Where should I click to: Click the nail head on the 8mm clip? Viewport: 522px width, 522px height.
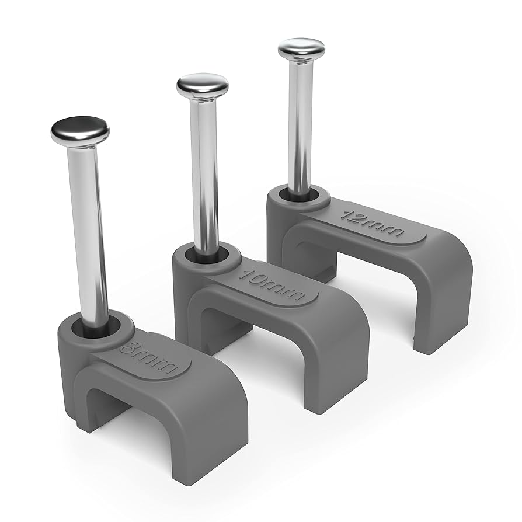click(80, 131)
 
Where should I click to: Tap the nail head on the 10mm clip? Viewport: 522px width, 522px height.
click(202, 85)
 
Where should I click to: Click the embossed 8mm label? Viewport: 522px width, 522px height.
click(148, 357)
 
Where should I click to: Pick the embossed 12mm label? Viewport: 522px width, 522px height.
click(372, 220)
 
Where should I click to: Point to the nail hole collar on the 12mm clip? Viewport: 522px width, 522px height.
click(301, 199)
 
